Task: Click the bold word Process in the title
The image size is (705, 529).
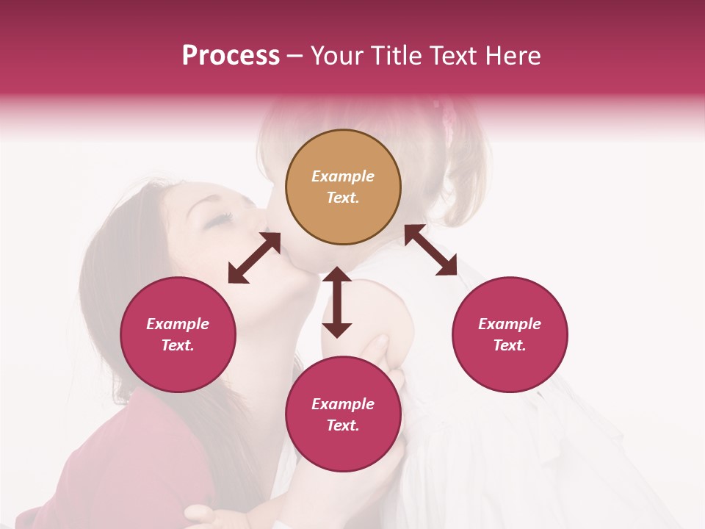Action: pyautogui.click(x=231, y=56)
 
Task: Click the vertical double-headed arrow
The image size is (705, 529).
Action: pyautogui.click(x=337, y=302)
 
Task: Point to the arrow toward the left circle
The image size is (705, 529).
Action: pyautogui.click(x=254, y=258)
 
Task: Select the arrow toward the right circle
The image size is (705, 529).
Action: pyautogui.click(x=431, y=251)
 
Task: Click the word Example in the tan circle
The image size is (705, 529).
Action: pyautogui.click(x=343, y=176)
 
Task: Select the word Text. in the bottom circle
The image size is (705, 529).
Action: pyautogui.click(x=343, y=425)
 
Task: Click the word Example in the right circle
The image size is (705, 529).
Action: pyautogui.click(x=510, y=324)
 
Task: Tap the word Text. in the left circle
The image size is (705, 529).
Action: pyautogui.click(x=178, y=345)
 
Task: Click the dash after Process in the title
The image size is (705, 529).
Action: pyautogui.click(x=295, y=57)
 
